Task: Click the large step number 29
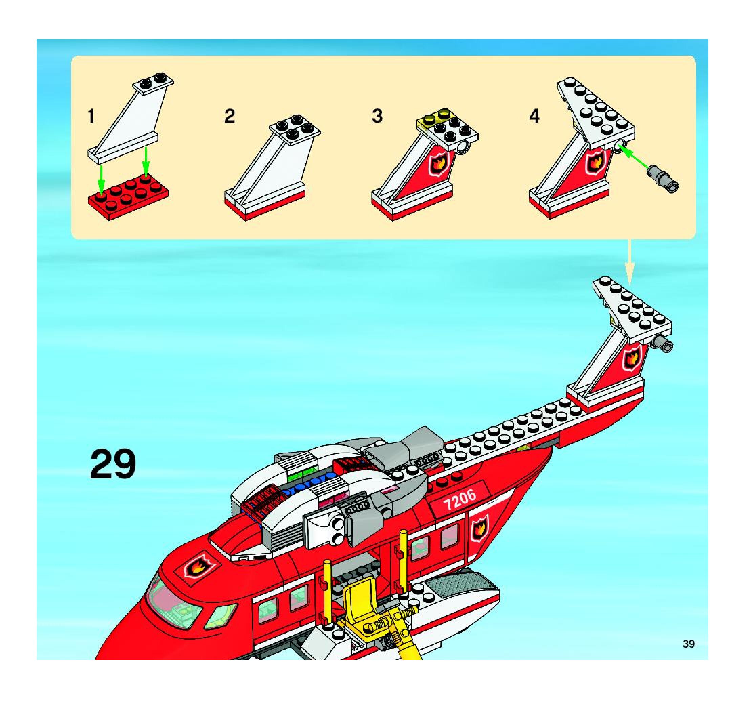113,464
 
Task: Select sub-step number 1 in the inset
91,116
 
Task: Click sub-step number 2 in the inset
229,116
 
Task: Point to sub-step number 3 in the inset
377,116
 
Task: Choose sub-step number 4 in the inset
534,116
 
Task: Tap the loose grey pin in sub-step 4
662,178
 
